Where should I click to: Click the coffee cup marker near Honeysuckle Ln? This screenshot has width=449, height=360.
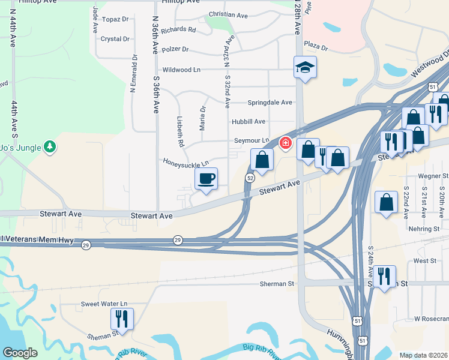click(x=206, y=179)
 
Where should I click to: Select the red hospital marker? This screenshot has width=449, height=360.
click(x=285, y=143)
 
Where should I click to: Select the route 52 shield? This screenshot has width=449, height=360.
click(x=250, y=178)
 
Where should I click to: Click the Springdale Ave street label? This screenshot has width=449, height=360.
click(x=270, y=103)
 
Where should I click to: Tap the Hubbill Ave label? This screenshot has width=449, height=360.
click(x=249, y=122)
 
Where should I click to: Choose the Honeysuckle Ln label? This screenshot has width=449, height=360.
click(x=186, y=162)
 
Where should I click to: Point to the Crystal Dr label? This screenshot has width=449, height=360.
click(x=115, y=39)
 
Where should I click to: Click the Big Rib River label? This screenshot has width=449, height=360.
click(x=261, y=348)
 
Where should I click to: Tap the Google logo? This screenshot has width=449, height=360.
click(x=20, y=353)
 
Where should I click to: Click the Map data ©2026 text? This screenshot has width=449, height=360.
click(x=423, y=355)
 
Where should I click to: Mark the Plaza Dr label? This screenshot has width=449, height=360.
click(x=316, y=46)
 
